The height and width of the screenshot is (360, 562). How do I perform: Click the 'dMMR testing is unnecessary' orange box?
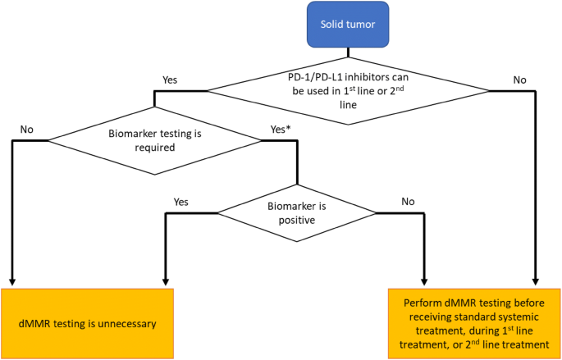tap(88, 323)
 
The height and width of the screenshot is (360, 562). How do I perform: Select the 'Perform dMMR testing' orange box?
tap(474, 323)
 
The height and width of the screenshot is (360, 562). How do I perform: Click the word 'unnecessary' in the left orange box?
tap(122, 323)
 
